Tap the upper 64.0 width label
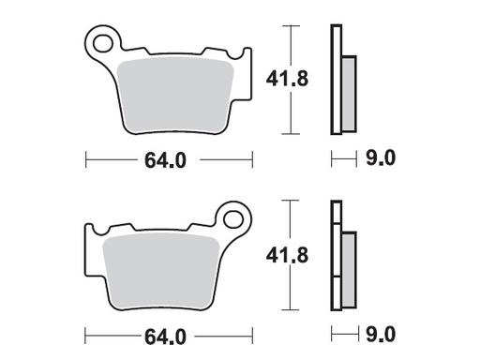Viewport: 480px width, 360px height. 169,160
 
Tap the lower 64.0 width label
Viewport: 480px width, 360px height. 169,334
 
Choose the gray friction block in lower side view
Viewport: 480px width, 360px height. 348,268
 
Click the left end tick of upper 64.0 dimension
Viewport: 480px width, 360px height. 86,160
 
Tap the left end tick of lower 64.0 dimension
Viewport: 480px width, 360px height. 86,334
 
